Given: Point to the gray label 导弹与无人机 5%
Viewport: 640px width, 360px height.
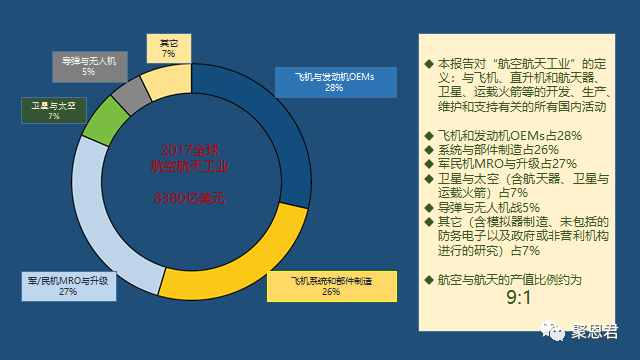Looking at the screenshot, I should [89, 65].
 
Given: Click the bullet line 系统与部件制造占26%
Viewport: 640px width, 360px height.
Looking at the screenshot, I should [492, 149].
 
